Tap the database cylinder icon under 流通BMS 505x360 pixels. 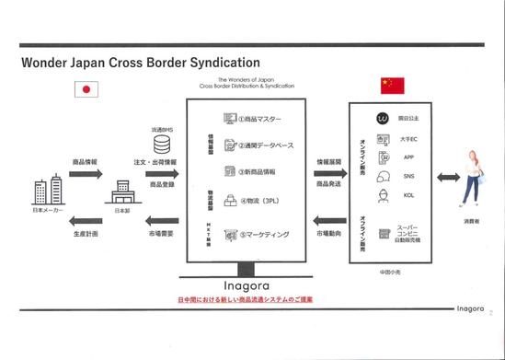(x=162, y=145)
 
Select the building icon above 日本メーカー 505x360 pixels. (x=46, y=192)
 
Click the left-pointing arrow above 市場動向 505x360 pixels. (x=328, y=218)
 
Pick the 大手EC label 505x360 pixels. (x=409, y=138)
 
